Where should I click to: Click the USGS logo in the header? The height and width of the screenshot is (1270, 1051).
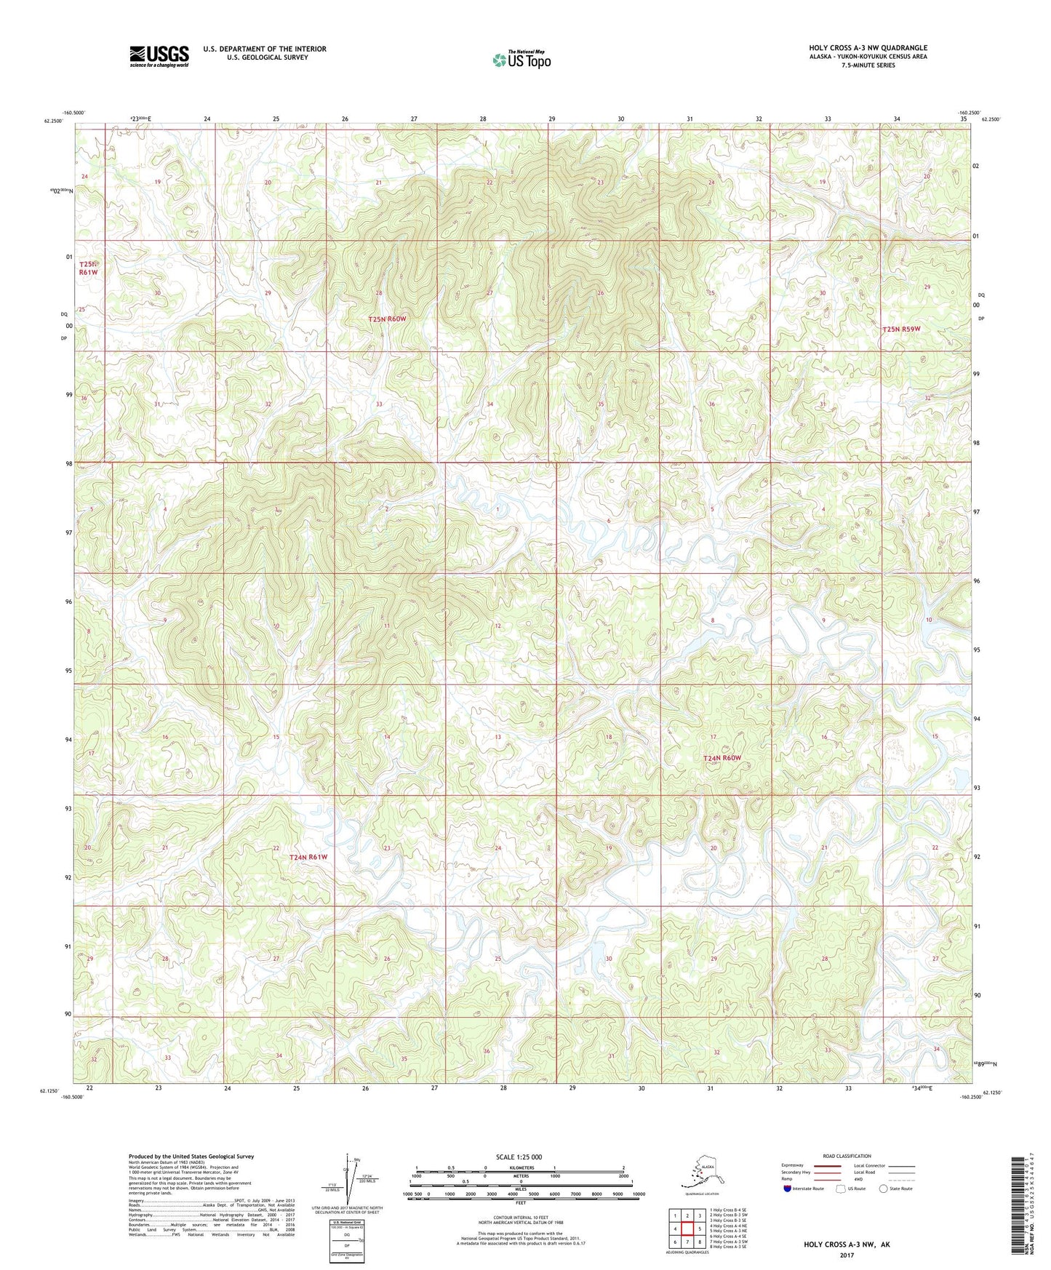159,56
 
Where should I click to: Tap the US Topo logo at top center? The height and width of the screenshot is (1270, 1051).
521,59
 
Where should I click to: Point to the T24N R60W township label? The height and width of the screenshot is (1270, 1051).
722,758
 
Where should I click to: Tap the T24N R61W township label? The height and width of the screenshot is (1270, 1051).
308,857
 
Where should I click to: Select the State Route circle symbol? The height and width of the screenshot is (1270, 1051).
883,1189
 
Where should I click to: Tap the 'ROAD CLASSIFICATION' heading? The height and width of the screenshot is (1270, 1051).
846,1155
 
